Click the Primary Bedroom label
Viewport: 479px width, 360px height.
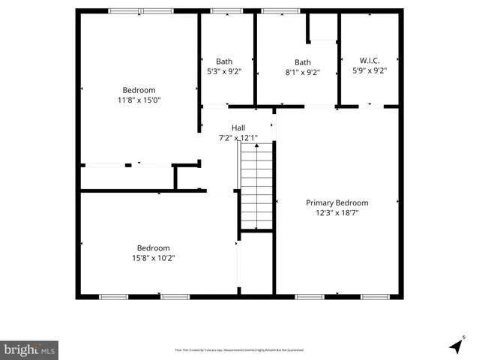337,202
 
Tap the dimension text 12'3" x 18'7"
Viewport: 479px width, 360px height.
337,212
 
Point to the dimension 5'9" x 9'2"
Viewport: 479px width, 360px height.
369,72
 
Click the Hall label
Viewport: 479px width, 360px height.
238,127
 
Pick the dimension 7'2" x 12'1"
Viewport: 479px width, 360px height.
238,138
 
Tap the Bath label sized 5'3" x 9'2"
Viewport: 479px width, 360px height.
224,61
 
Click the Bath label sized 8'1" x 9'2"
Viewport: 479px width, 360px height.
302,62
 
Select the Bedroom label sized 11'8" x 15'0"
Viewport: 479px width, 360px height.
139,90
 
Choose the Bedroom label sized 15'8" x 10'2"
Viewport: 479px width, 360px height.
153,248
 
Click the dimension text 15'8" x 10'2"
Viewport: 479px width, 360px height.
153,258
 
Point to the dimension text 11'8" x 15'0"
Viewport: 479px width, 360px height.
139,100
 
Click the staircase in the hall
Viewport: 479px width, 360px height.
256,187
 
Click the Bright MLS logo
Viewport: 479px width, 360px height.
29,349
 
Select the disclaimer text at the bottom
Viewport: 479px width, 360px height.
239,349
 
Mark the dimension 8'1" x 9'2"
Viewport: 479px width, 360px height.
302,73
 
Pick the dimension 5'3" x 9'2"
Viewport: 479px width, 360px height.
224,72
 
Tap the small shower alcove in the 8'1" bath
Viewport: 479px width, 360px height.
322,29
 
